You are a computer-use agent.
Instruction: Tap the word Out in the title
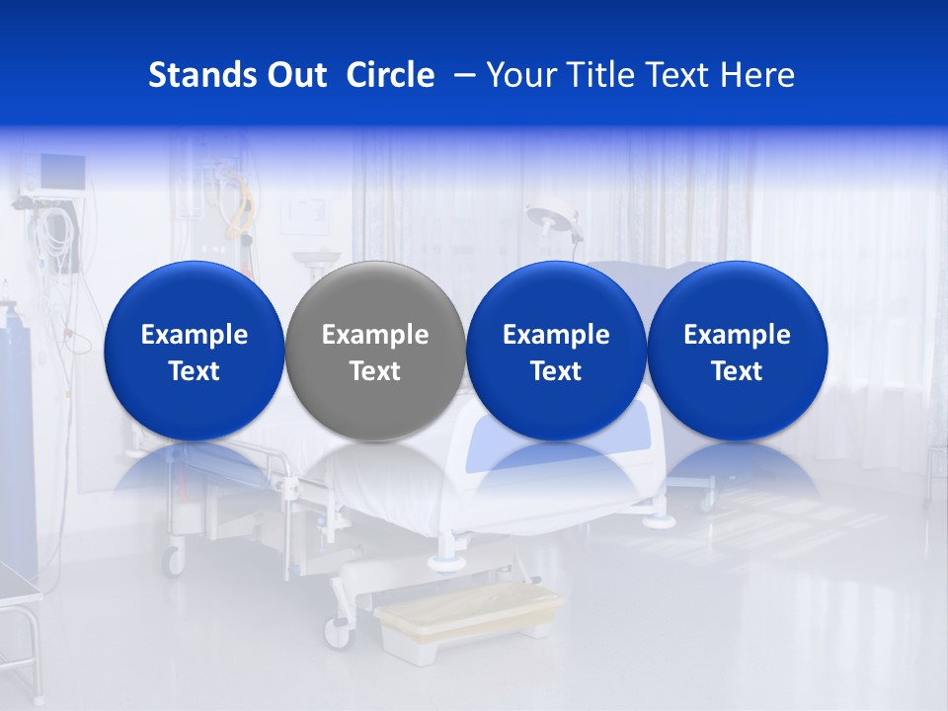click(x=294, y=75)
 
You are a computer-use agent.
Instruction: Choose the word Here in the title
click(x=758, y=75)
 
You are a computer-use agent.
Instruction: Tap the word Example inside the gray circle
click(x=375, y=335)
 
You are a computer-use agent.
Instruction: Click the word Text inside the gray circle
click(x=375, y=371)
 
